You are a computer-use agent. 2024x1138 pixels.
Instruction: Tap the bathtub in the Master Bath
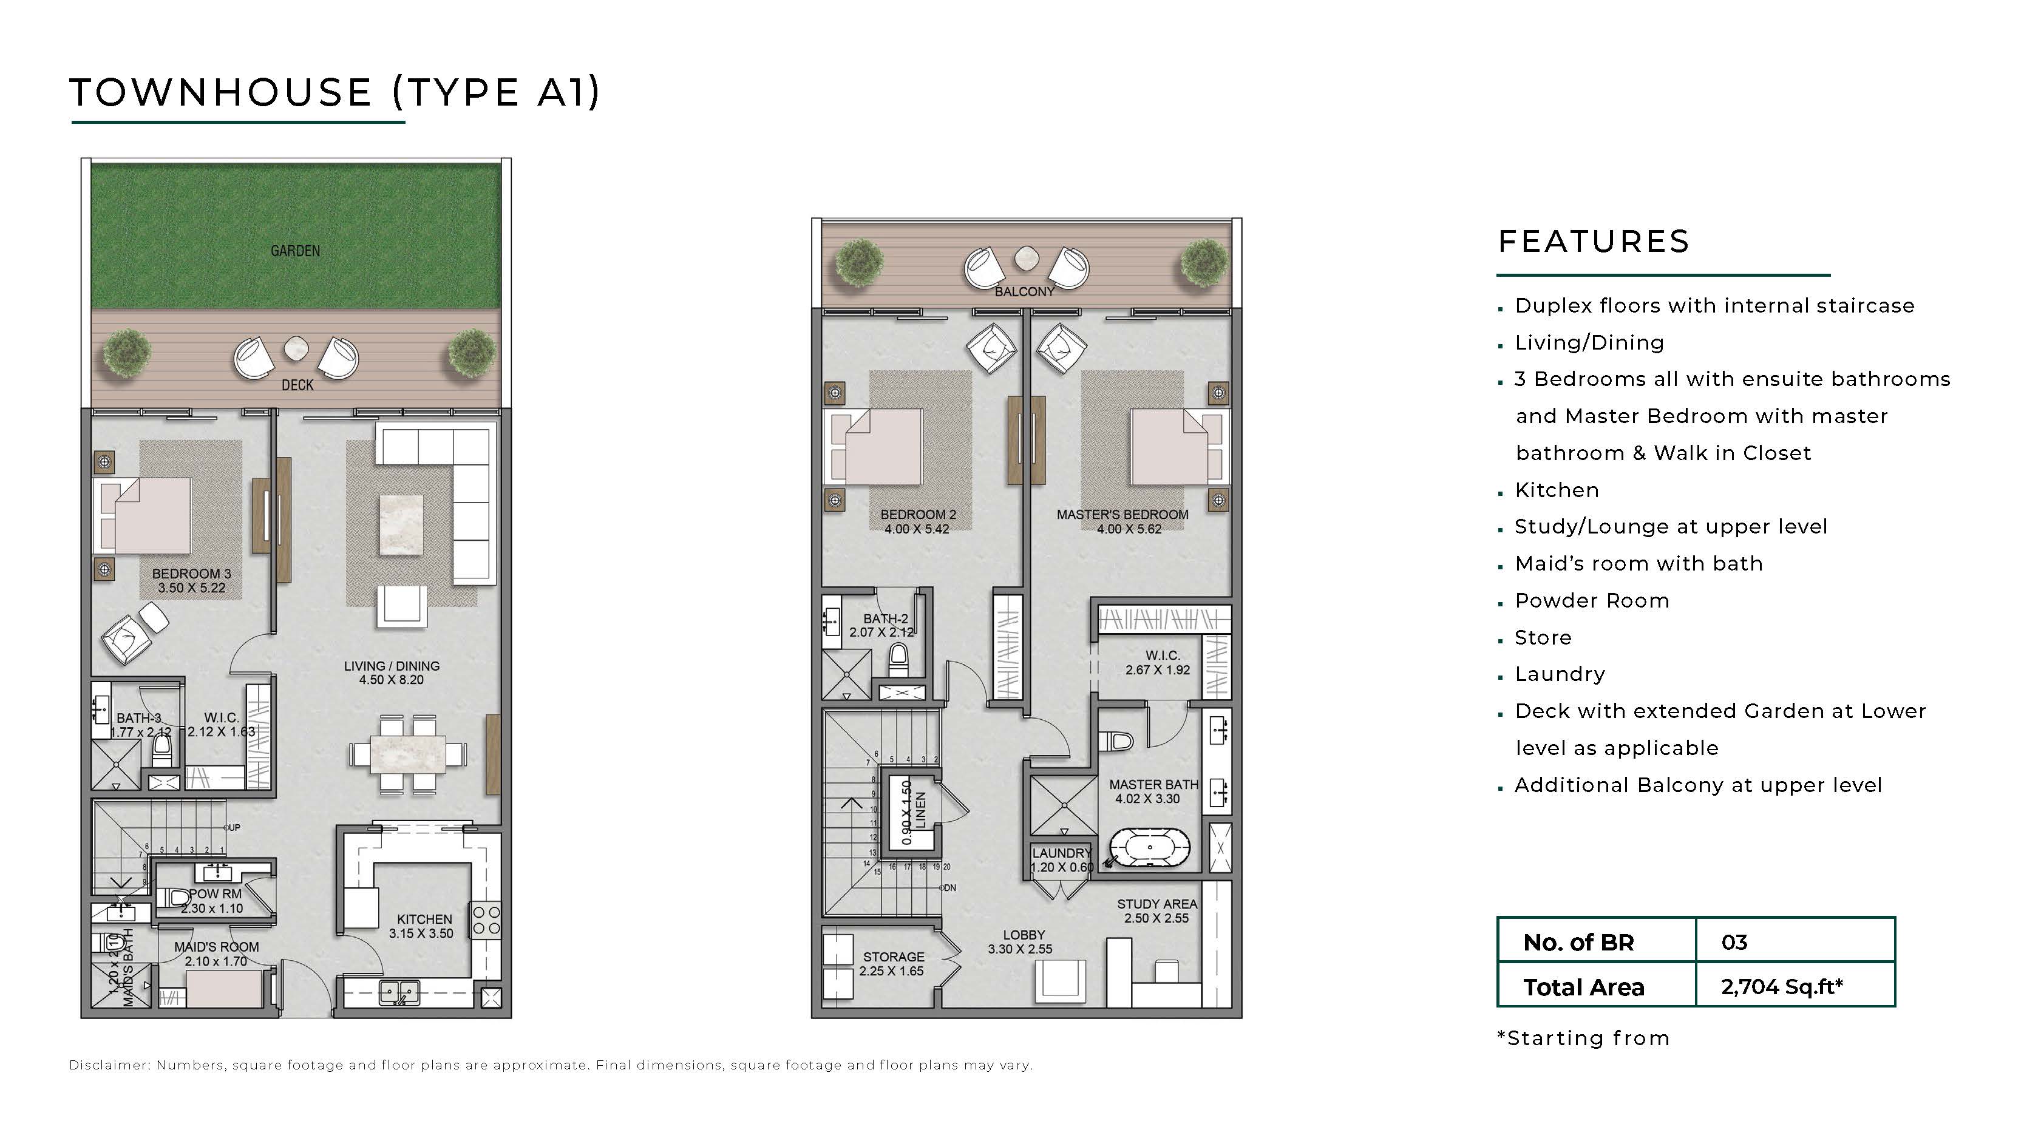(1149, 849)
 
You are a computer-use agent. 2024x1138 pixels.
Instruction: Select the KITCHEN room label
(424, 919)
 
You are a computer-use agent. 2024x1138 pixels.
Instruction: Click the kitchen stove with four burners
(485, 921)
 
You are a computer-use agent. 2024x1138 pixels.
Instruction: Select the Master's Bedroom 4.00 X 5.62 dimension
(1129, 529)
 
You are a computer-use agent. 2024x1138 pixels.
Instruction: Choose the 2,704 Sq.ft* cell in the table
(1781, 986)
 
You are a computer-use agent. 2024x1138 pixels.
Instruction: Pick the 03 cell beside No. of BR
(1733, 942)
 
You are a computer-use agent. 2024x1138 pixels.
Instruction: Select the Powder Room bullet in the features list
(1591, 601)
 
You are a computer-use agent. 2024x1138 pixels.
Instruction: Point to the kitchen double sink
(399, 994)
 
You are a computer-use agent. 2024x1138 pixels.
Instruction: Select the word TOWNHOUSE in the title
(221, 93)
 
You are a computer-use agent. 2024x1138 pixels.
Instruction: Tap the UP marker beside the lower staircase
(233, 828)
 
